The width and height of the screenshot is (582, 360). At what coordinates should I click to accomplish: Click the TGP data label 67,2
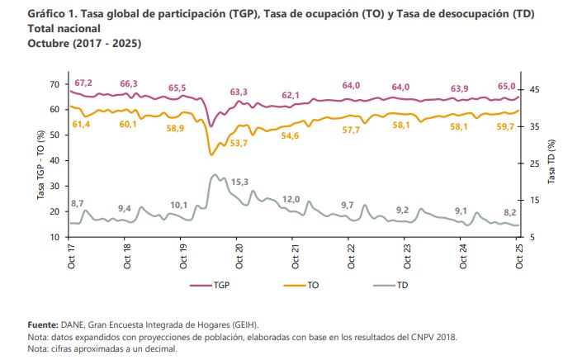pyautogui.click(x=83, y=83)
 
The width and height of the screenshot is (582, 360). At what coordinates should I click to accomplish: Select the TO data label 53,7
pyautogui.click(x=239, y=143)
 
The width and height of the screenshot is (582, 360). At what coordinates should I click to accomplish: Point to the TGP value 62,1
pyautogui.click(x=291, y=96)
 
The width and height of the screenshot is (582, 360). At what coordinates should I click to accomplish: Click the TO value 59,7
pyautogui.click(x=504, y=126)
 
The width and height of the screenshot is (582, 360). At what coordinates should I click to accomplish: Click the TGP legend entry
pyautogui.click(x=210, y=285)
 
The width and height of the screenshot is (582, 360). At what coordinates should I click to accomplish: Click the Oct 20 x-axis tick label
pyautogui.click(x=239, y=254)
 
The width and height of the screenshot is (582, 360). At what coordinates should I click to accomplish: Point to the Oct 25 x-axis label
pyautogui.click(x=519, y=254)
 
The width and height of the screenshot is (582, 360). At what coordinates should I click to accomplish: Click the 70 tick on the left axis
pyautogui.click(x=54, y=84)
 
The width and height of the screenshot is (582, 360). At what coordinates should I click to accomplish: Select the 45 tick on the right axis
pyautogui.click(x=535, y=88)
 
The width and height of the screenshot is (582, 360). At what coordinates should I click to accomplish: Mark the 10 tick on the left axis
pyautogui.click(x=54, y=237)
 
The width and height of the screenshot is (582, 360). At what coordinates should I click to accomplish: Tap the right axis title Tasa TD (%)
pyautogui.click(x=551, y=161)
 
